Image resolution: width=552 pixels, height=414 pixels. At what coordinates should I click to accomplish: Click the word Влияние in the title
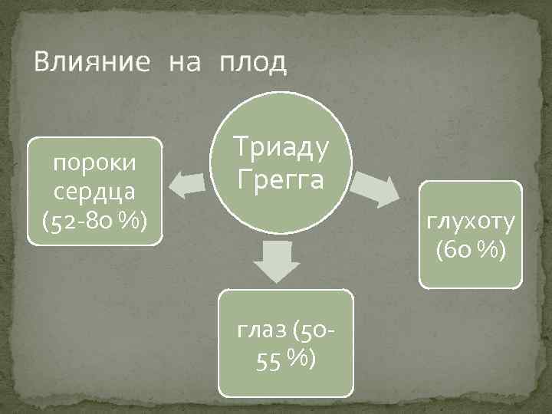[90, 62]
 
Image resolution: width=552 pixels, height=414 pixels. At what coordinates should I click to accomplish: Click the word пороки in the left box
[96, 164]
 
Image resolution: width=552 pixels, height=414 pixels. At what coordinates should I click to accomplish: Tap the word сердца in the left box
[96, 192]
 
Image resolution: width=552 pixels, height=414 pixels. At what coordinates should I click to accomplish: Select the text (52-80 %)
[96, 221]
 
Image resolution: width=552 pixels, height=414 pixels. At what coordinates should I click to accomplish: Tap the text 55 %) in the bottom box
[285, 359]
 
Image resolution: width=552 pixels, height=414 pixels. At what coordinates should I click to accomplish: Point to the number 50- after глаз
[319, 331]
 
